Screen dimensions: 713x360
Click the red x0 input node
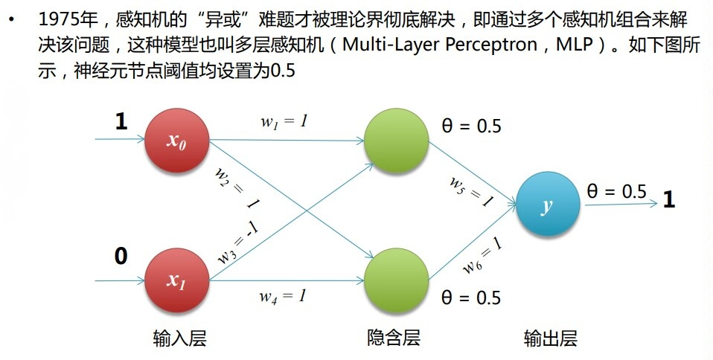176,139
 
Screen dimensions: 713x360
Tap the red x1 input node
176,280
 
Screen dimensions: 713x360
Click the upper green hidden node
396,139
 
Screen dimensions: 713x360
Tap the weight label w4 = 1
283,296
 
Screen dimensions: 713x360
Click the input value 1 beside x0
121,122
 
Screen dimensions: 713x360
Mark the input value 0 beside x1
121,257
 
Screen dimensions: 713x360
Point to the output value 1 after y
668,199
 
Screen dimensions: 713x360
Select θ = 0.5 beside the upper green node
472,126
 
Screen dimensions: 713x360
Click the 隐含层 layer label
394,337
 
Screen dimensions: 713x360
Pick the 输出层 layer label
550,338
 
